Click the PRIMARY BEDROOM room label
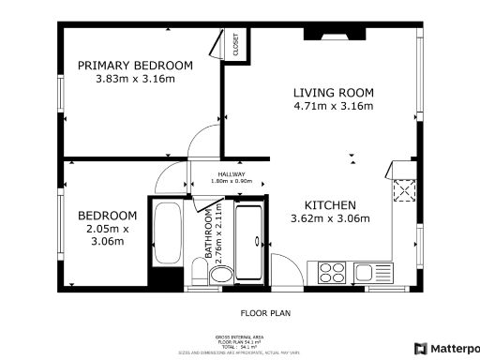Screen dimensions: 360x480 (x=135, y=65)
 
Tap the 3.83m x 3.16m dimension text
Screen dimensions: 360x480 (x=135, y=79)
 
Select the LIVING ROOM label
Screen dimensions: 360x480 (x=333, y=93)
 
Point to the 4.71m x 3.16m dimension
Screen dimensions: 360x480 (x=333, y=107)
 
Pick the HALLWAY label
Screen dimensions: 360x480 (x=232, y=174)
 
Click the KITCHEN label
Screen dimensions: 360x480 (x=329, y=204)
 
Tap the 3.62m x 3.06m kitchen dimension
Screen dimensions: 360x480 (x=329, y=219)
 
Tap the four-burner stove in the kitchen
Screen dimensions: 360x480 (x=333, y=273)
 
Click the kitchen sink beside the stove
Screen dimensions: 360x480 (x=364, y=273)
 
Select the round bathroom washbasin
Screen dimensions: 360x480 (x=219, y=275)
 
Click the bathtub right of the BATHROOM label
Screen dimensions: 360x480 (x=248, y=239)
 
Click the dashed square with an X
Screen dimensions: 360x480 (x=406, y=191)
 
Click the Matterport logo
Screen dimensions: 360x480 (x=446, y=348)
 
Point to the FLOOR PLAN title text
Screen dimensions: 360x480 (x=241, y=314)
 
